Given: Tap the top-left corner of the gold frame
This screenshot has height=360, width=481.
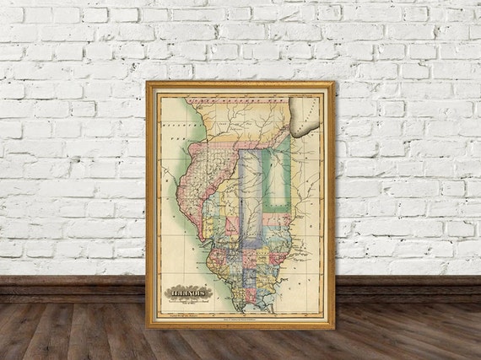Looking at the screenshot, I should (x=147, y=82).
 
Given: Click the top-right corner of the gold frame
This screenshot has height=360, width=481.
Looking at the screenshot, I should (x=334, y=82).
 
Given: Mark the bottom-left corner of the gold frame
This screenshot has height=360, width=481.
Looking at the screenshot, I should (x=147, y=328).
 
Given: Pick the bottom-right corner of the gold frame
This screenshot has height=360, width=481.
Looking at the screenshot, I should (x=334, y=328).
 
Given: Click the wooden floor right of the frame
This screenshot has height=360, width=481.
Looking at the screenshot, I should (x=405, y=329).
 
